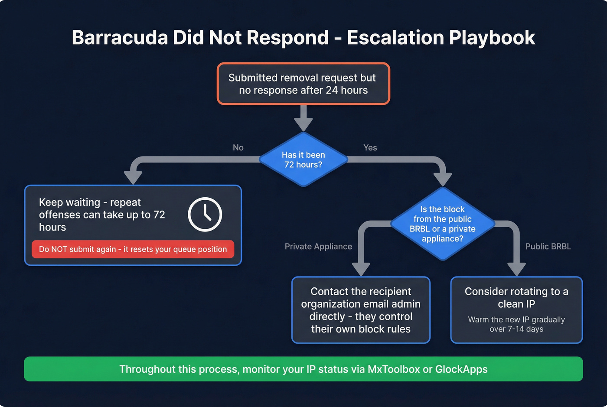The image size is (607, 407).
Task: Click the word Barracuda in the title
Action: click(120, 38)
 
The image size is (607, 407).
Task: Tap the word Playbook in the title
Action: click(492, 38)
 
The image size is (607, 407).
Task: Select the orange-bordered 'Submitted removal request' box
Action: click(303, 84)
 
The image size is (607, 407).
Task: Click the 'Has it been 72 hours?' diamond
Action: click(303, 160)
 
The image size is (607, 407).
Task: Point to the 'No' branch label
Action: click(238, 148)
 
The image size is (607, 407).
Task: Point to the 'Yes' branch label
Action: click(370, 148)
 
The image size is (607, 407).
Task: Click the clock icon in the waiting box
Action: click(205, 214)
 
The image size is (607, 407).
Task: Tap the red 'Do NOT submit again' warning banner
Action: click(133, 249)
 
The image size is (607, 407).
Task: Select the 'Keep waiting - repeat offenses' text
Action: click(102, 215)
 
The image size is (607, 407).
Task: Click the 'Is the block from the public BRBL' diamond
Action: click(442, 224)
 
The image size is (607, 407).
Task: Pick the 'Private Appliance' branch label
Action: click(318, 247)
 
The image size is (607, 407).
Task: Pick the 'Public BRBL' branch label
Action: click(548, 247)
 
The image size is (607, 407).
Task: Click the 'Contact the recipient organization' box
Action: click(361, 310)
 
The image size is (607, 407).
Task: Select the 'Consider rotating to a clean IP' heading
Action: click(516, 297)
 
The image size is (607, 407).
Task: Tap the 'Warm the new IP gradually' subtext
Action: click(516, 324)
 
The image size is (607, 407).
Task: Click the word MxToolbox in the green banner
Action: click(394, 369)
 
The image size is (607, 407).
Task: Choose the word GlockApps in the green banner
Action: click(461, 369)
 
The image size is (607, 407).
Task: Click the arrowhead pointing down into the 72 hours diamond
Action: click(303, 124)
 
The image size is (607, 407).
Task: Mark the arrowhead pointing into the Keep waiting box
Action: click(133, 177)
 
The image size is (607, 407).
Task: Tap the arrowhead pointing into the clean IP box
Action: click(516, 269)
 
